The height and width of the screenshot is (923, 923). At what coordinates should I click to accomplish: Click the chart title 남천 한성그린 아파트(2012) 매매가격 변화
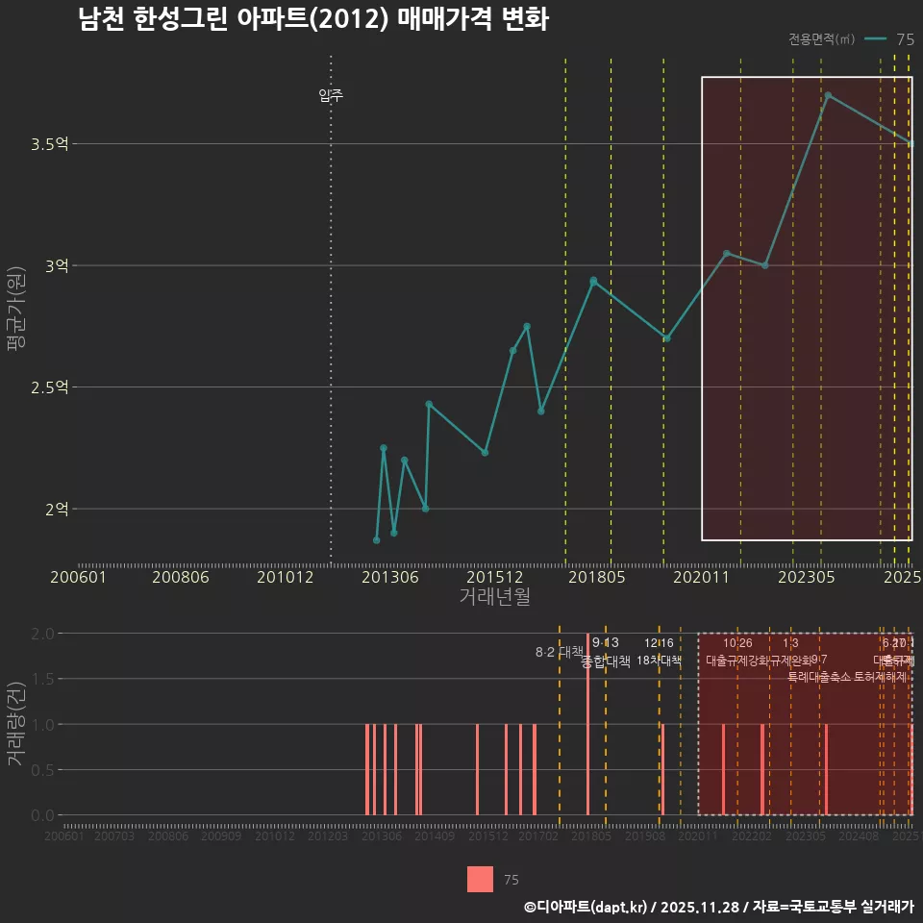[313, 20]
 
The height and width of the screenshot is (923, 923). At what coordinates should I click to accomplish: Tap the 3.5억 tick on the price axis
[49, 144]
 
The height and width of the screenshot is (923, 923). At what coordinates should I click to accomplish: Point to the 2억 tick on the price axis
[56, 509]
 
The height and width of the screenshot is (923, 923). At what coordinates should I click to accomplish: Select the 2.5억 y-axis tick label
[49, 387]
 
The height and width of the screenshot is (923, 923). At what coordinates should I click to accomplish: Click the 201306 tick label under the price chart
[388, 577]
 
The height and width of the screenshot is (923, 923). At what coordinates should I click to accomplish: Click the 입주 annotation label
[331, 96]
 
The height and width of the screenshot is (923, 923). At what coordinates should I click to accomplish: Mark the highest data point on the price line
[828, 95]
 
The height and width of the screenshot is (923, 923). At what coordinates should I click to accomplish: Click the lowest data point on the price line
[376, 540]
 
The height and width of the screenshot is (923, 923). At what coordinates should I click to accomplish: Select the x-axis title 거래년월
[494, 597]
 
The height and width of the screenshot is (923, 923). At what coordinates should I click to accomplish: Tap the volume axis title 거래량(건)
[15, 724]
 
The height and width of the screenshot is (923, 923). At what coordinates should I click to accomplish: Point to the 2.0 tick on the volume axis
[42, 634]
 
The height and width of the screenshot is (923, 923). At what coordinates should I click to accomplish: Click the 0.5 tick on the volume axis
[42, 769]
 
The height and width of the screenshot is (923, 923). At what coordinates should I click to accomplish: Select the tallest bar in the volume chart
[587, 724]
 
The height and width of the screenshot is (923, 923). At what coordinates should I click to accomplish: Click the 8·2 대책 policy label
[560, 652]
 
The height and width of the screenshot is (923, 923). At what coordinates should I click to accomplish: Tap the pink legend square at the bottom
[480, 879]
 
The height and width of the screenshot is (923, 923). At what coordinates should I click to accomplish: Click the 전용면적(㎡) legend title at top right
[821, 39]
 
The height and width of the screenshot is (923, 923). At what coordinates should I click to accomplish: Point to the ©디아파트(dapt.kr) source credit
[586, 907]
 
